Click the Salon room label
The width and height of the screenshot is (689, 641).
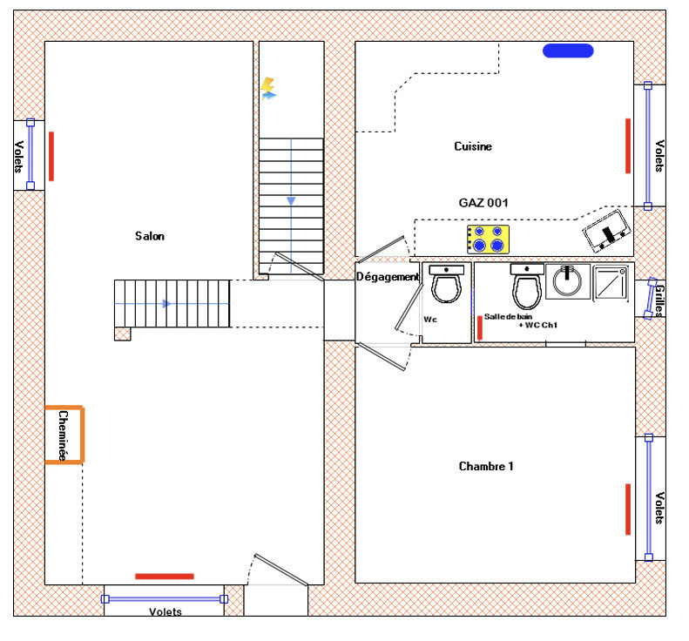(x=150, y=236)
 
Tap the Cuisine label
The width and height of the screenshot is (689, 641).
(x=473, y=146)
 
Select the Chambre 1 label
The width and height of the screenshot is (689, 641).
(x=486, y=467)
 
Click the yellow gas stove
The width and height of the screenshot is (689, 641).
(x=488, y=239)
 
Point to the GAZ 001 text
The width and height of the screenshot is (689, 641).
(x=483, y=203)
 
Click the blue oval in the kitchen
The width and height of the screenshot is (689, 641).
(x=568, y=51)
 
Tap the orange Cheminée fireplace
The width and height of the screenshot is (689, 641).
(x=64, y=434)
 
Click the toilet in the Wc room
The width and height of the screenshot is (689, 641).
(x=446, y=285)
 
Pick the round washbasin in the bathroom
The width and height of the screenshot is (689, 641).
(x=567, y=282)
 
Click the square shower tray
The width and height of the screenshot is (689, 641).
(x=611, y=283)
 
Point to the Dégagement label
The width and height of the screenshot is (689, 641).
(x=388, y=277)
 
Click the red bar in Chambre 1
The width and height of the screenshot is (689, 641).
(x=627, y=509)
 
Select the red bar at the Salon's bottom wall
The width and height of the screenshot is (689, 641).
(x=165, y=576)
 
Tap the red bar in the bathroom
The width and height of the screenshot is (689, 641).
(x=479, y=327)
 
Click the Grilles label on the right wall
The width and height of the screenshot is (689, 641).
(x=660, y=300)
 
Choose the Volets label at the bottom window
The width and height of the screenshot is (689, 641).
(x=165, y=612)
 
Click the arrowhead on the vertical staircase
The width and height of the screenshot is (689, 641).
(x=291, y=201)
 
